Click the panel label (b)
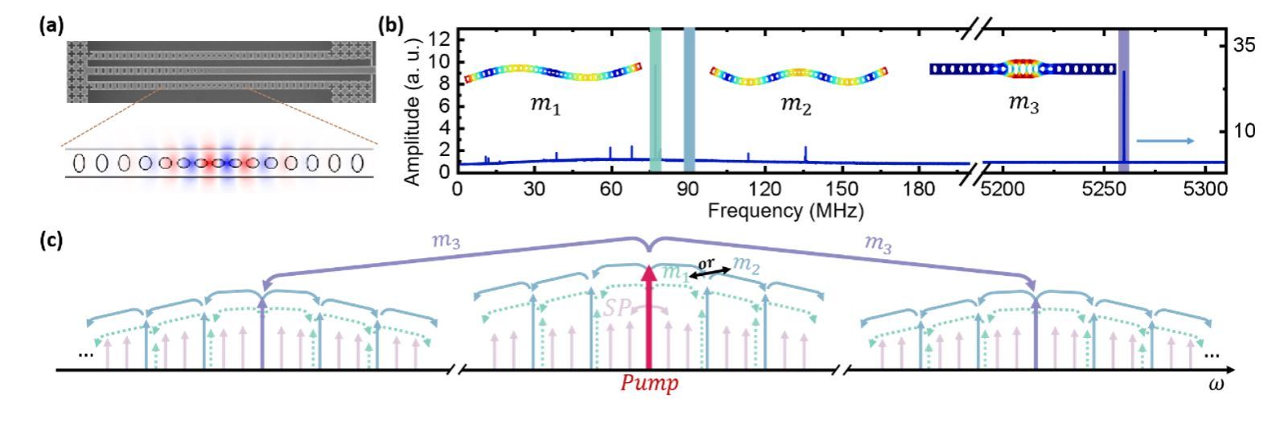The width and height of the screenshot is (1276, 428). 392,24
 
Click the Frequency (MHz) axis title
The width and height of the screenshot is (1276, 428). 787,211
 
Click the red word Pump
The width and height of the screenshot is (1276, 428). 648,384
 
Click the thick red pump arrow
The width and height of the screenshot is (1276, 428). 648,318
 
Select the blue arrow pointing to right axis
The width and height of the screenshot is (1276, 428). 1165,141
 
